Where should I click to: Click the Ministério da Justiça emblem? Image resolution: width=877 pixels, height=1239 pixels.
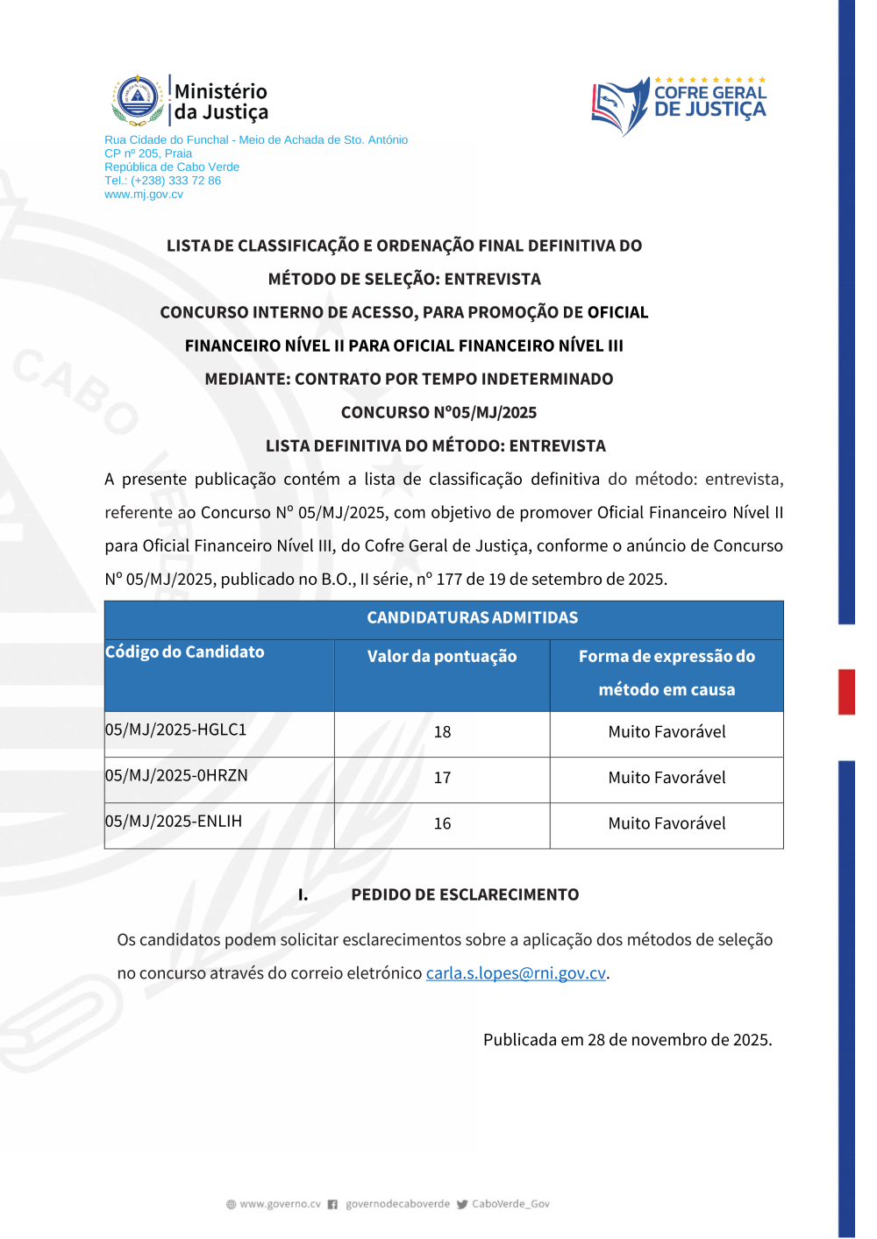(x=138, y=99)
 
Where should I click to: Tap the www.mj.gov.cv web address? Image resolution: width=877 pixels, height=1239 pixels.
(x=144, y=195)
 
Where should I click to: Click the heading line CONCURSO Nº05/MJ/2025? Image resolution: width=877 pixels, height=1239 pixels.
(x=438, y=412)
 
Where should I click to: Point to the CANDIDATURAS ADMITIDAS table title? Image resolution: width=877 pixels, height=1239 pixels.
(x=472, y=617)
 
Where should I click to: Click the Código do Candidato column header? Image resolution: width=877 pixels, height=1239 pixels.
(x=185, y=652)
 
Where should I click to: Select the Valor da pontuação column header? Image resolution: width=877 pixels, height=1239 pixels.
(x=442, y=656)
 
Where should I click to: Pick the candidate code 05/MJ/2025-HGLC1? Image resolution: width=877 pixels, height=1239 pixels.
(x=176, y=730)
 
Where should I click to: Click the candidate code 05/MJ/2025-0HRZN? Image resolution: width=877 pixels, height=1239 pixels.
(x=176, y=775)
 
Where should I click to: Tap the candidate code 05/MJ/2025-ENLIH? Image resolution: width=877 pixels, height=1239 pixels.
(x=174, y=821)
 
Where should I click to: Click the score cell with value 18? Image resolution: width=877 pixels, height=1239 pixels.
(x=442, y=732)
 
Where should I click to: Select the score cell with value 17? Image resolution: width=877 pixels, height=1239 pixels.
(x=442, y=778)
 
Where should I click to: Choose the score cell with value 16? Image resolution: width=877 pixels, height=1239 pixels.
(x=442, y=823)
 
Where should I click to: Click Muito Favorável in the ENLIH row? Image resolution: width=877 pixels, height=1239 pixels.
(x=667, y=823)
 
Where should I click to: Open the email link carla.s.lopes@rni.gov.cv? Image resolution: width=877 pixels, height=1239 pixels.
(x=516, y=973)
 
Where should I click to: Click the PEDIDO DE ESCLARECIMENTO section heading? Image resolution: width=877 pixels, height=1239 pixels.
(x=465, y=894)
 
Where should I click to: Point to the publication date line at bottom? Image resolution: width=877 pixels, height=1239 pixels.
(x=627, y=1040)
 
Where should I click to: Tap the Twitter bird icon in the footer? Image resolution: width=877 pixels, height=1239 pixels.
(x=462, y=1205)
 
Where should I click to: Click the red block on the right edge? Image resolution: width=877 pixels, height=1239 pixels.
(x=846, y=692)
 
